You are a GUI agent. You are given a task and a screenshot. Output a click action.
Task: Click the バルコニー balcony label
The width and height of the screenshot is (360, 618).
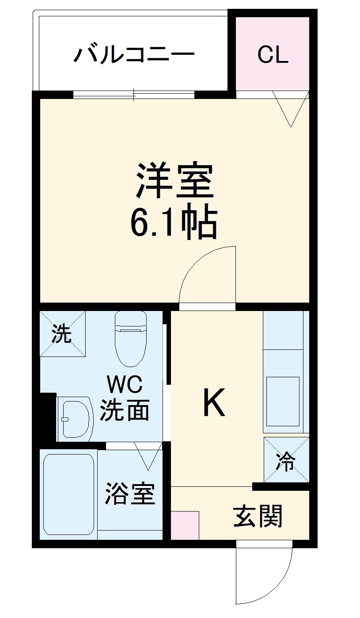(x=134, y=55)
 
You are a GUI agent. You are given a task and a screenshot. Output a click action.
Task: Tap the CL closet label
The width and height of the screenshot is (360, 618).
(x=273, y=55)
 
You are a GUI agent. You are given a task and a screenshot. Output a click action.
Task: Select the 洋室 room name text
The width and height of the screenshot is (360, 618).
(x=174, y=182)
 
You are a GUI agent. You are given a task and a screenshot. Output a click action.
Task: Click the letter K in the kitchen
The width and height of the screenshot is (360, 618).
(x=214, y=402)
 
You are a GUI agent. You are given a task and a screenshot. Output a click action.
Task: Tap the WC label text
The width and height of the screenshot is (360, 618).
(x=125, y=385)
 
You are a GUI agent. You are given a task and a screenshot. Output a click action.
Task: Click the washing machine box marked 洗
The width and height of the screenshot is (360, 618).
(x=62, y=334)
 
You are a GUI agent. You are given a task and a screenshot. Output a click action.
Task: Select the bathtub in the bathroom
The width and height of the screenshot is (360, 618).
(x=68, y=494)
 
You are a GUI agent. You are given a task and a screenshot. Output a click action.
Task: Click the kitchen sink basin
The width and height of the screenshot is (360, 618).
(x=282, y=401)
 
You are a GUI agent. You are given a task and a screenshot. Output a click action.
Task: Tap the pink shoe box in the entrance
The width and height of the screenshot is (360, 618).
(x=185, y=525)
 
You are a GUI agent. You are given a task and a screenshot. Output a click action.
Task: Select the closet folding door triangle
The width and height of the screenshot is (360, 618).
(x=290, y=108)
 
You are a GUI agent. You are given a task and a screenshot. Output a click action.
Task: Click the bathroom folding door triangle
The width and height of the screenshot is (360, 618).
(x=148, y=455)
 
